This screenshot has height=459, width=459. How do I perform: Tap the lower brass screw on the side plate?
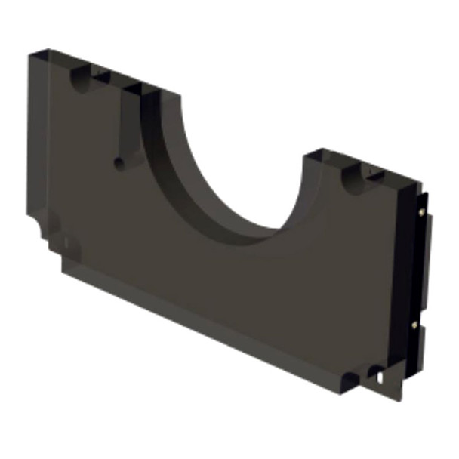click(415, 325)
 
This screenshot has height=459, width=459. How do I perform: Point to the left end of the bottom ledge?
click(65, 266)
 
